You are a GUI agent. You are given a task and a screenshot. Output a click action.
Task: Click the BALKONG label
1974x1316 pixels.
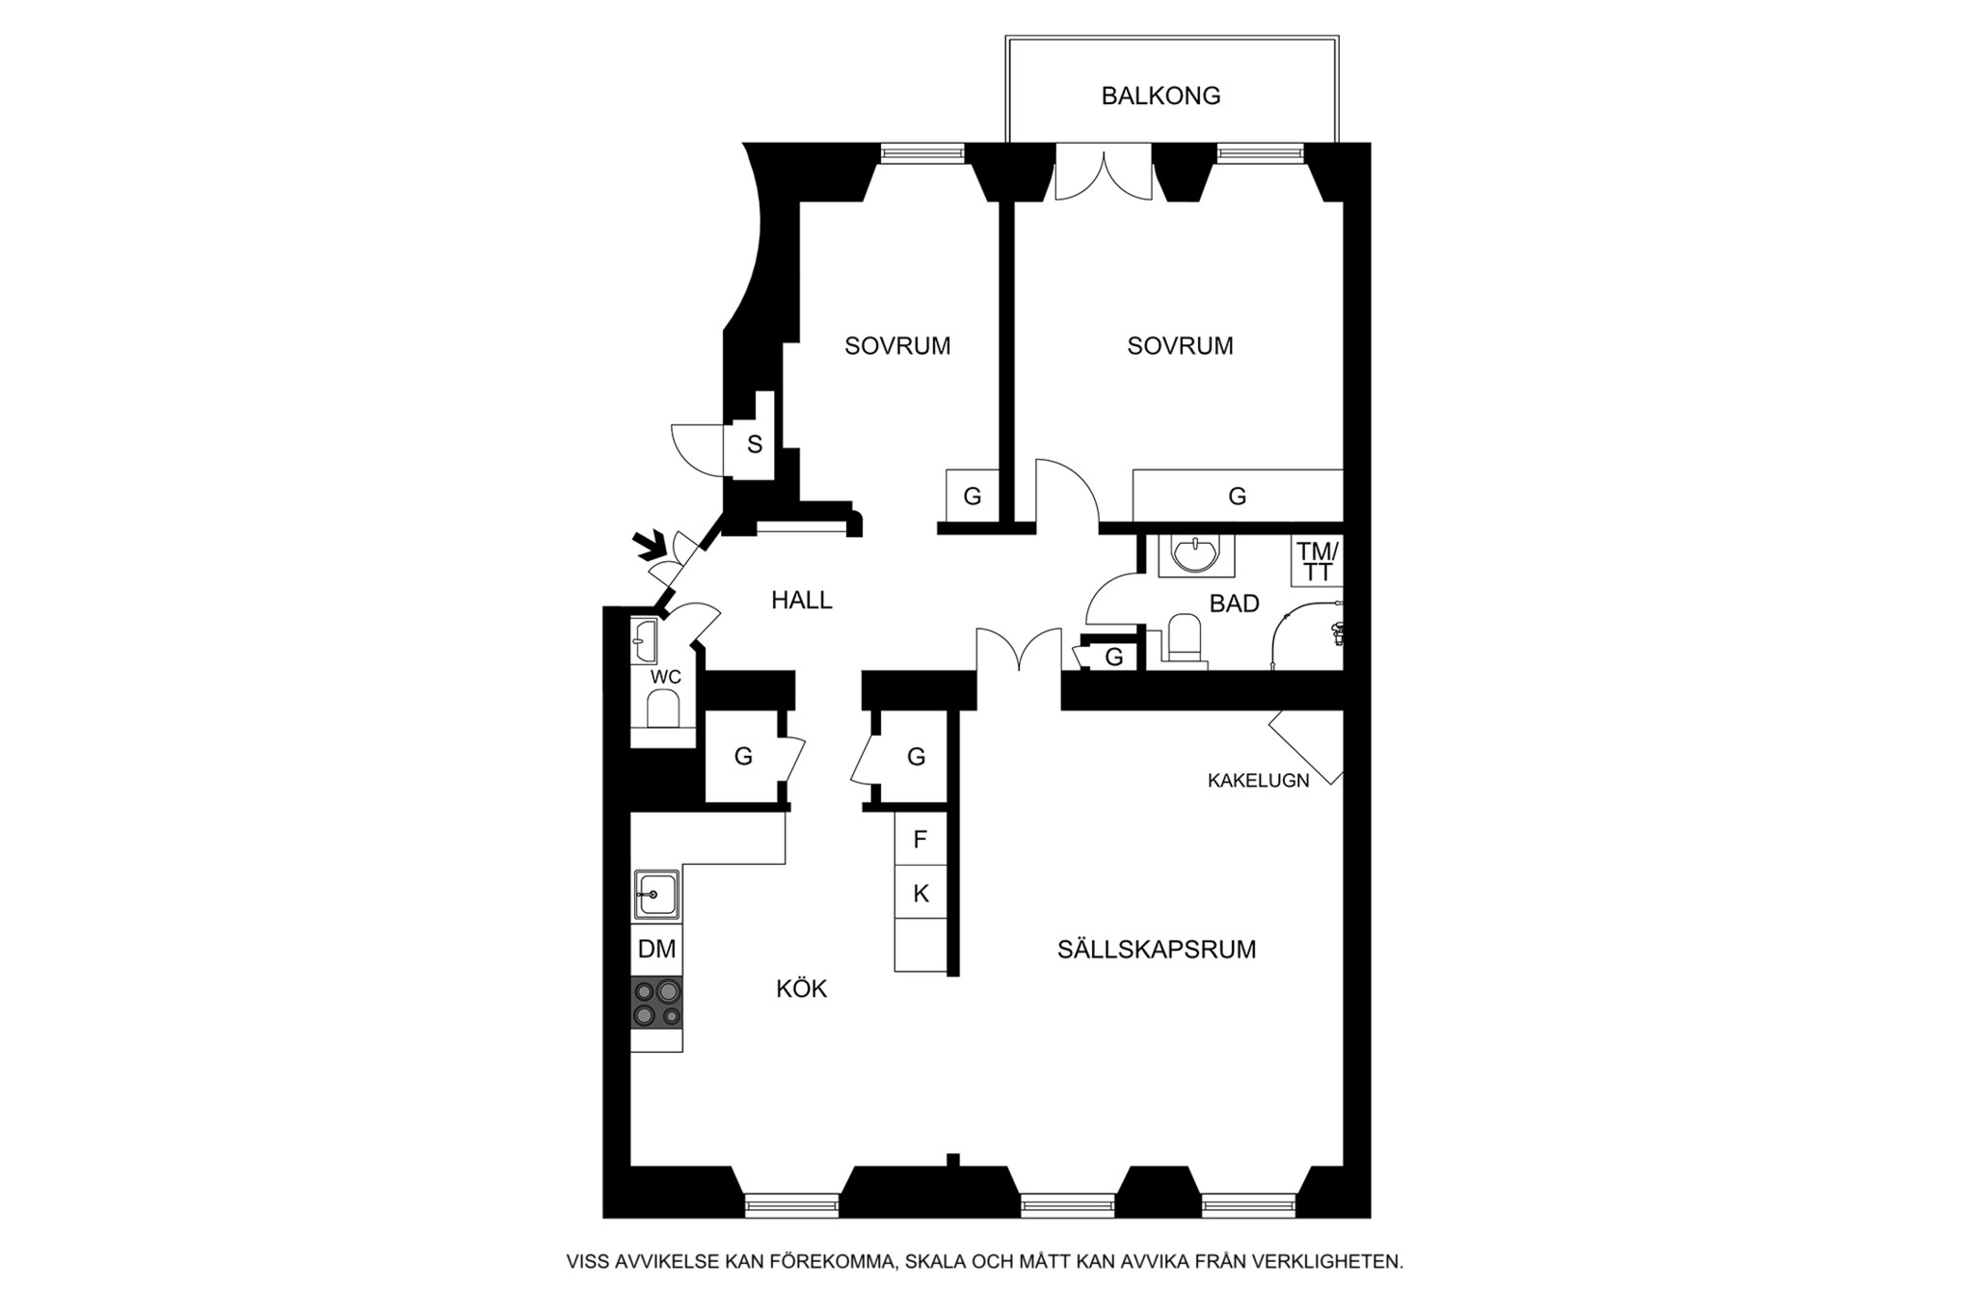pos(1160,95)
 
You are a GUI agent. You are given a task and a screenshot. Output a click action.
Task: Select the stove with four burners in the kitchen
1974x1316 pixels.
pos(656,1003)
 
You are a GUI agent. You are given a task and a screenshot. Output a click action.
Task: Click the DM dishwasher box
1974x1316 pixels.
pos(656,949)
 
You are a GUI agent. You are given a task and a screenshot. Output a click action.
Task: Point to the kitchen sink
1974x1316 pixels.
pos(656,895)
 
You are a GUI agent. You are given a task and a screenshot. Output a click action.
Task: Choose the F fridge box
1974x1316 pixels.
pos(920,839)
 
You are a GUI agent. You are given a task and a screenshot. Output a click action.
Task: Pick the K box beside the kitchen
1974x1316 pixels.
pos(920,893)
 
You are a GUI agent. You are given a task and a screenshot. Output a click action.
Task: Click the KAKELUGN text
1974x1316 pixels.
pos(1258,781)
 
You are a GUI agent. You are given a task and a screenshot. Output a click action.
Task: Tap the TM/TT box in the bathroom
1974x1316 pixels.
pos(1317,561)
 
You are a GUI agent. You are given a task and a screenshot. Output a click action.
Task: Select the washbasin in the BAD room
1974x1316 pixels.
pos(1195,553)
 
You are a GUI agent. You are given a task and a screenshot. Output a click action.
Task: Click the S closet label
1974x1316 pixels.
pos(755,444)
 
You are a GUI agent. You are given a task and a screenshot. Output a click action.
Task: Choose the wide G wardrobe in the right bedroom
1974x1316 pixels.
pos(1238,496)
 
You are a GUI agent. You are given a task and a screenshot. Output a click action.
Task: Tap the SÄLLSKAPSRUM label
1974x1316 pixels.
pos(1157,950)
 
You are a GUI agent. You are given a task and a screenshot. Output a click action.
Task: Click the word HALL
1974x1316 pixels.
pos(802,601)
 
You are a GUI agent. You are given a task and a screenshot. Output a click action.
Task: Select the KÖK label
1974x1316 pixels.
pos(802,988)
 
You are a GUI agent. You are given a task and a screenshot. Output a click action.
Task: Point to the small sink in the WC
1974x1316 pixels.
pos(645,641)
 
